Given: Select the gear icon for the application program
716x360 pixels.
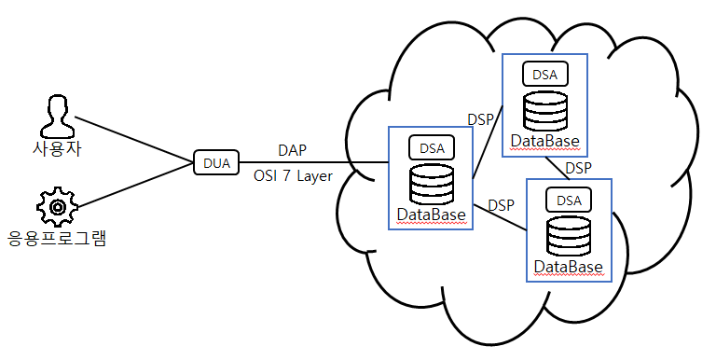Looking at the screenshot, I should tap(56, 205).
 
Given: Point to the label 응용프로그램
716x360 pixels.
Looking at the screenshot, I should tap(57, 238).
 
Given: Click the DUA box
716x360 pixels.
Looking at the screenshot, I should tap(216, 162).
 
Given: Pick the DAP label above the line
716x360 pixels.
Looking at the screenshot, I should tap(292, 150).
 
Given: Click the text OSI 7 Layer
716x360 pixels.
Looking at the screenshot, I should tap(293, 175).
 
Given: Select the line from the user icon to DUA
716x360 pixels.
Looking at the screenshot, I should tap(131, 140).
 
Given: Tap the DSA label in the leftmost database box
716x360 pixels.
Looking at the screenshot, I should tap(432, 147).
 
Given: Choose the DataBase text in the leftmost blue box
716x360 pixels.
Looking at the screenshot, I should tap(431, 215).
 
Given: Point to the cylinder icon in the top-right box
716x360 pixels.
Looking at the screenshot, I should tap(544, 110).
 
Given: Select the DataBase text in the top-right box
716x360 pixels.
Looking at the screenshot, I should tap(544, 142).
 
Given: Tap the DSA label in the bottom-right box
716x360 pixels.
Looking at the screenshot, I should tap(569, 200).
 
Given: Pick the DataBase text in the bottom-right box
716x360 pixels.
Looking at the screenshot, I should tap(568, 268).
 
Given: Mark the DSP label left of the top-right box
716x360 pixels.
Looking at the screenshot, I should tap(479, 119).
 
